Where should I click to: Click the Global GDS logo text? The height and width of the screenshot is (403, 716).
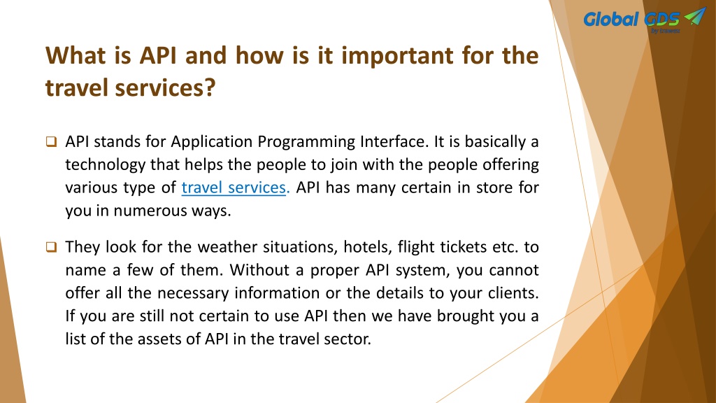coord(631,19)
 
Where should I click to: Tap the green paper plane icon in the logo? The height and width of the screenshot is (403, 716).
coord(695,16)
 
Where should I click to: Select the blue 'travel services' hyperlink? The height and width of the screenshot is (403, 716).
coord(234,188)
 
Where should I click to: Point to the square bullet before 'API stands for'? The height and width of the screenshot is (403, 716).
coord(51,141)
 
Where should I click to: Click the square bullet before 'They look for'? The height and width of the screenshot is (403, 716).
coord(51,247)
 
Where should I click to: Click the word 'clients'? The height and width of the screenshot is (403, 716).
coord(513,293)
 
